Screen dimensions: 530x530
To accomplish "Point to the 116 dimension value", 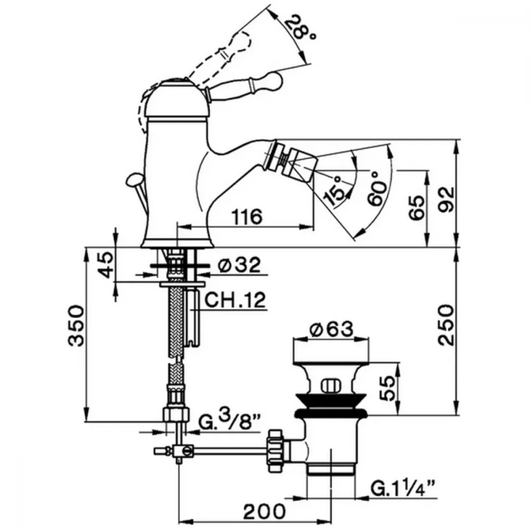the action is click(x=248, y=216).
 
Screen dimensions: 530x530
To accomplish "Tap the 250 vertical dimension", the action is click(x=446, y=325).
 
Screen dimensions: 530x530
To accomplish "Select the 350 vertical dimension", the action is click(x=76, y=325).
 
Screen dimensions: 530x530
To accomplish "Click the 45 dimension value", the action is click(x=107, y=264).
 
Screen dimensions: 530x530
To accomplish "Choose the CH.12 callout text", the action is click(x=235, y=299).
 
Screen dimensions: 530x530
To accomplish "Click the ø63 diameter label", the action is click(x=332, y=329).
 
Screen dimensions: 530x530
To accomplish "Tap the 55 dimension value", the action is click(x=387, y=388).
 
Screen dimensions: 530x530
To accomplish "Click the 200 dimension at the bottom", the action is click(x=264, y=512).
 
